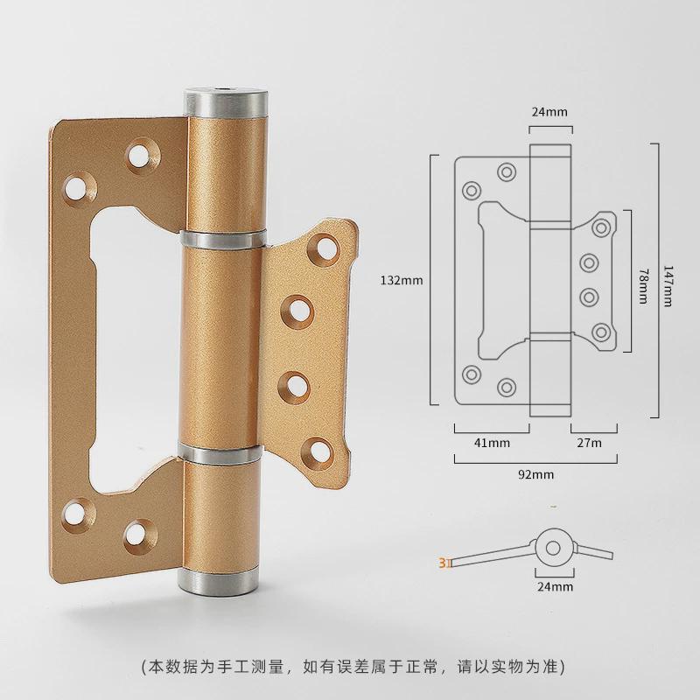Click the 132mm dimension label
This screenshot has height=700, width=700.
click(402, 280)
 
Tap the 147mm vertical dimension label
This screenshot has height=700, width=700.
click(668, 286)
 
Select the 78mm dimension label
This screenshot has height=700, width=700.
click(643, 286)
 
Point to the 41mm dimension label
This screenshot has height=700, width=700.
click(492, 443)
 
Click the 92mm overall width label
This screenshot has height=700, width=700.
click(535, 474)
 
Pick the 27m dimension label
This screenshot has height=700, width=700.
click(589, 443)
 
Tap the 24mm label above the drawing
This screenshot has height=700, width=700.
click(549, 112)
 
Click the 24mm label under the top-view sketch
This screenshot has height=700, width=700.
click(555, 586)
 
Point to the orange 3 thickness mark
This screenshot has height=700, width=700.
click(443, 563)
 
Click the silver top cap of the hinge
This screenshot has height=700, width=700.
click(227, 101)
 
